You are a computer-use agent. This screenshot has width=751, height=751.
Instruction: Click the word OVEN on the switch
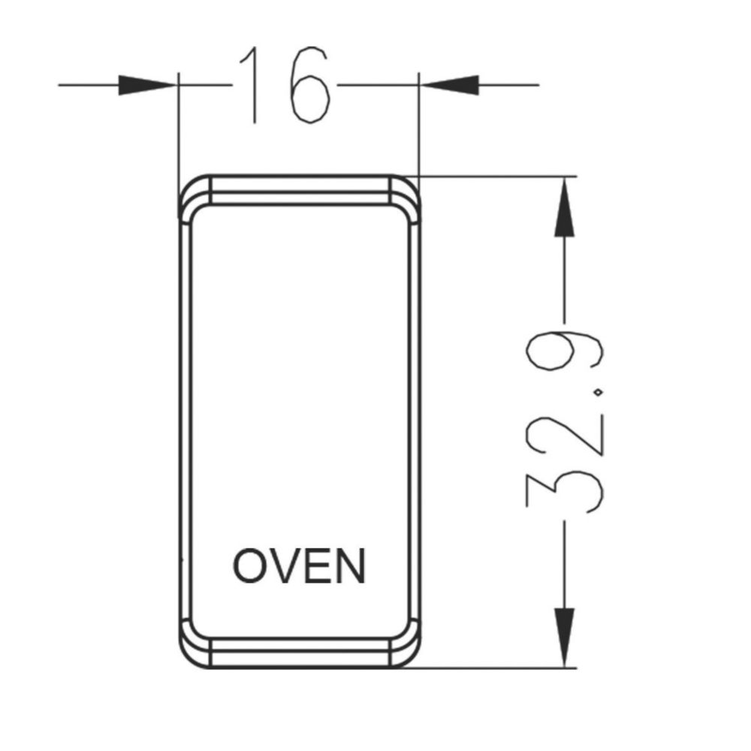[x=300, y=566]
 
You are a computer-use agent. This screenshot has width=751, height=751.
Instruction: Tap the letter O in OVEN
[x=249, y=566]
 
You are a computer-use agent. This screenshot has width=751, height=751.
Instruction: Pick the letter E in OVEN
[x=318, y=566]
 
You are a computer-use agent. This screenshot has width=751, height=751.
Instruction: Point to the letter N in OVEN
[x=351, y=566]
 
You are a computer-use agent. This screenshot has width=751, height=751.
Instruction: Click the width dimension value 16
[x=285, y=85]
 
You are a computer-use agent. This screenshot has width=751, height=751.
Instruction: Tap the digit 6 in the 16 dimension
[x=310, y=85]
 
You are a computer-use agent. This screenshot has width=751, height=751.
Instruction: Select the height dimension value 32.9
[x=564, y=421]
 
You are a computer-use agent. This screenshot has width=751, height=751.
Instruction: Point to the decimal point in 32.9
[x=599, y=393]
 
